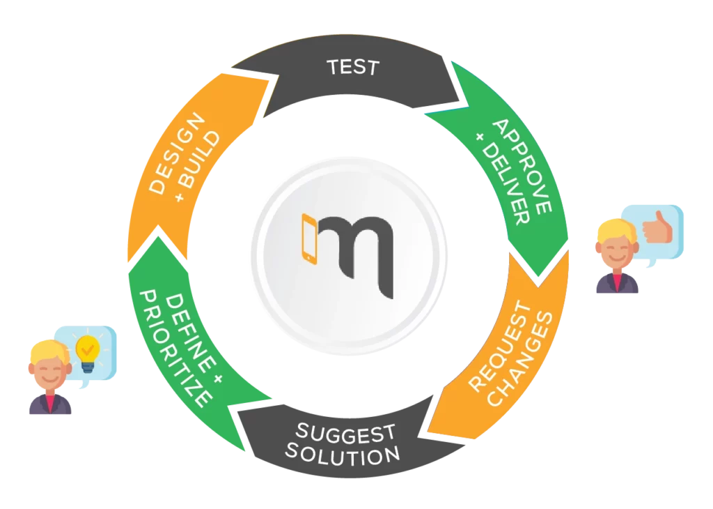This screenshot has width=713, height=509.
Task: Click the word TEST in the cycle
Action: (x=352, y=68)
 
